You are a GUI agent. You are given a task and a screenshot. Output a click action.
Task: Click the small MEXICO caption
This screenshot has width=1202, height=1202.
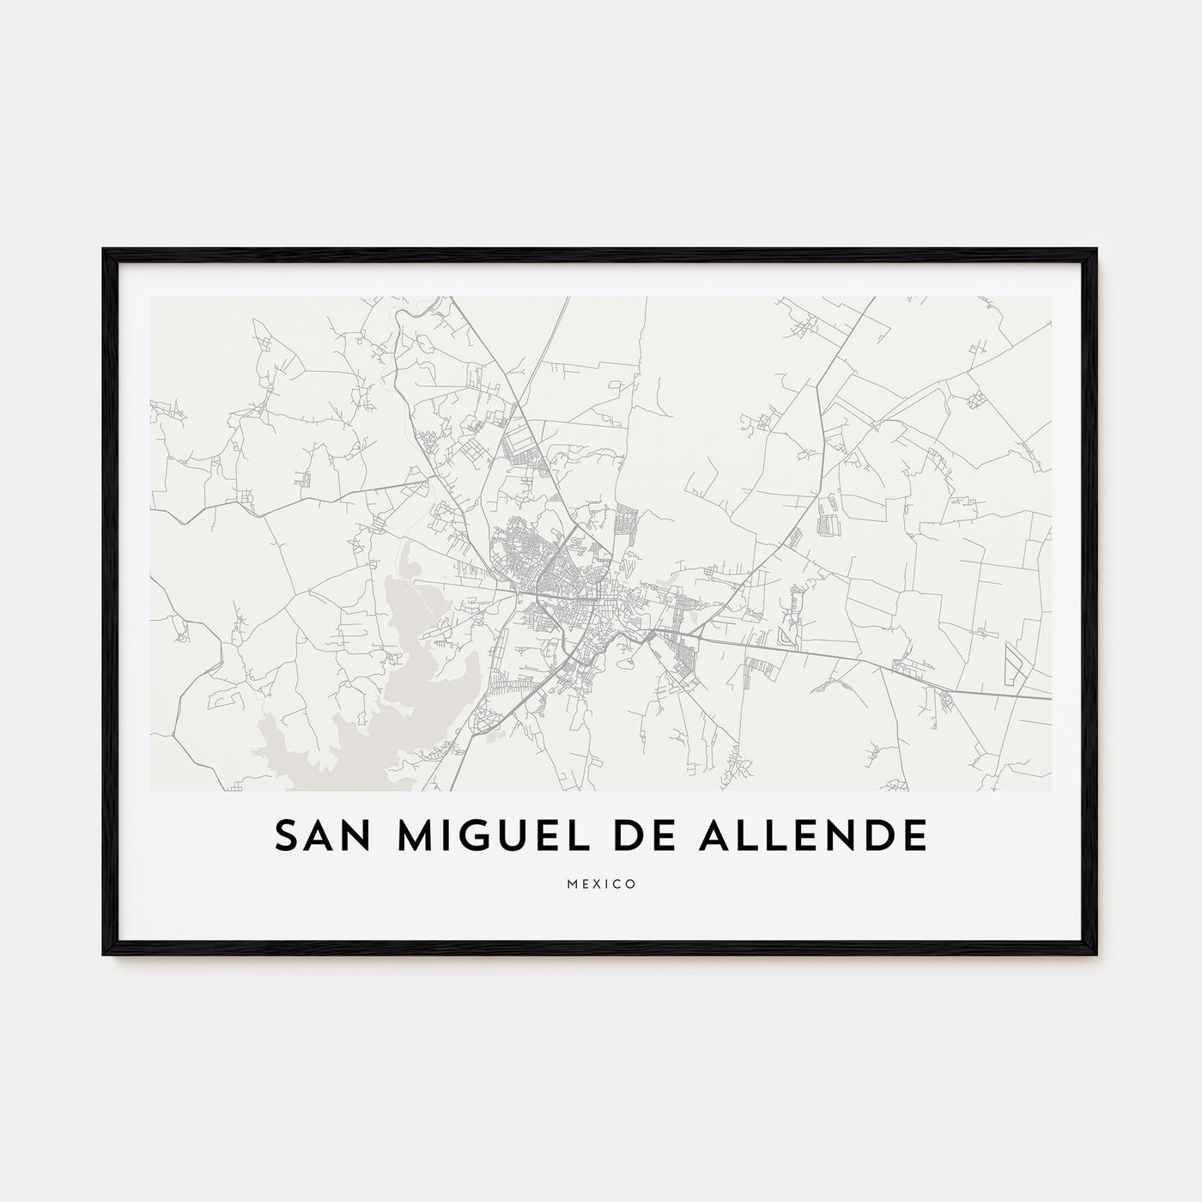[601, 883]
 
